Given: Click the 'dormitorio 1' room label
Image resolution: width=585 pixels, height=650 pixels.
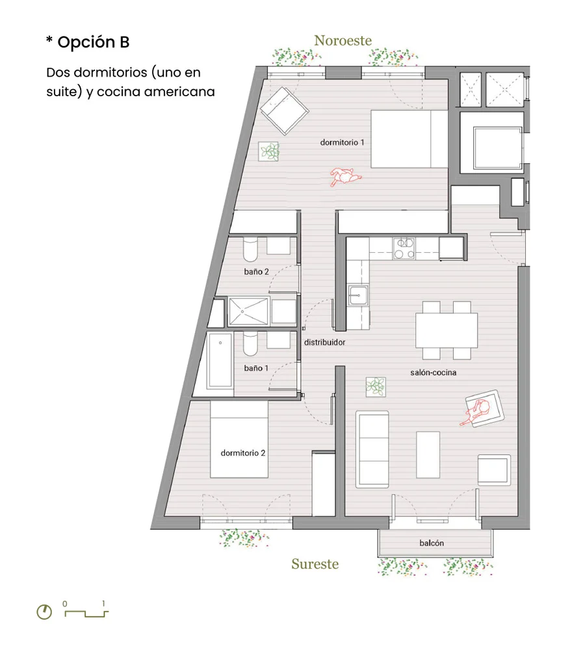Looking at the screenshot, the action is [342, 142].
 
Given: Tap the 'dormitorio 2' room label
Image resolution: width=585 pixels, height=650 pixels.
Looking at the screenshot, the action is [242, 452].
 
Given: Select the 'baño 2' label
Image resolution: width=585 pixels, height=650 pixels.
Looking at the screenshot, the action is [256, 272].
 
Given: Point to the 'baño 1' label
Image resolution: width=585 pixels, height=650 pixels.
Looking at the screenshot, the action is [256, 368].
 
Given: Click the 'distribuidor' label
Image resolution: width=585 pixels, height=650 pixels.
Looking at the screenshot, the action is [324, 342].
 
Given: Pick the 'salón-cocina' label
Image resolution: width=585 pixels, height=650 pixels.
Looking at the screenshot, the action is [434, 372].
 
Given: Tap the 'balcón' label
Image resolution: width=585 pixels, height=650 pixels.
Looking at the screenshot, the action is [431, 543].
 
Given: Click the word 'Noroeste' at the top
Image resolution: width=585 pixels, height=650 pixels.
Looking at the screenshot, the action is [343, 40].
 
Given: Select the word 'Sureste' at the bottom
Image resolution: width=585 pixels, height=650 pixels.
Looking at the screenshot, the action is [315, 564].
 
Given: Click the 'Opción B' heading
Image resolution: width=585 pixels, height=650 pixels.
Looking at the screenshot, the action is [94, 42].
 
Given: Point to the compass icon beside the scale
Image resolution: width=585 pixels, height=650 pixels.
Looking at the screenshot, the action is [44, 612].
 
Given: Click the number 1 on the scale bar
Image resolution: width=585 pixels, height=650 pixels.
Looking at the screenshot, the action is [103, 604].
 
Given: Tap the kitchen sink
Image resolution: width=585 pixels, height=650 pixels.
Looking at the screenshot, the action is [357, 295].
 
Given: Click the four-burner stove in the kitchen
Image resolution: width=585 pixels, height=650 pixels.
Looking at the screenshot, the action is [404, 249].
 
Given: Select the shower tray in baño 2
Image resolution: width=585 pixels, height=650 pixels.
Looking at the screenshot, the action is [248, 311].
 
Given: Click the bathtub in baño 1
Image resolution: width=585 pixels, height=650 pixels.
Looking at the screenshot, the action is [220, 360].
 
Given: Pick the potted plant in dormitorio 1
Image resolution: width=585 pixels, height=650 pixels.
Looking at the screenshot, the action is [269, 151].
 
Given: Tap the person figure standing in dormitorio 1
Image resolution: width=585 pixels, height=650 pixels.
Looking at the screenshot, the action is [345, 177].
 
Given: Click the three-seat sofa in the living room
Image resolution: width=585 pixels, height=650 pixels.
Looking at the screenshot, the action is [372, 449].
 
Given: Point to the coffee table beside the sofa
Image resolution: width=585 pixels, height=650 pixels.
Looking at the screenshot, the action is [428, 455].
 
